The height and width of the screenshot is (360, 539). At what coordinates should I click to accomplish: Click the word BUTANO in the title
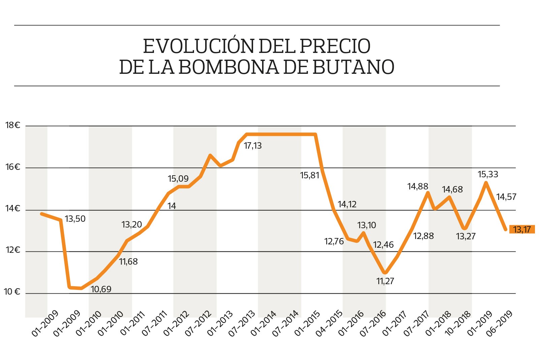(353, 67)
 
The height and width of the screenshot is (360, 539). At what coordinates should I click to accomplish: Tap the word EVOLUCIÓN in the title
(198, 46)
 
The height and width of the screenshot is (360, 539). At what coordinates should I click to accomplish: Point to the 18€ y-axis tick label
(13, 125)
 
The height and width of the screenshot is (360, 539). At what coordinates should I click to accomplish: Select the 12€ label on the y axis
(13, 250)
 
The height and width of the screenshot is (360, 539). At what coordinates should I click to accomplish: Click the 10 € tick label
(12, 292)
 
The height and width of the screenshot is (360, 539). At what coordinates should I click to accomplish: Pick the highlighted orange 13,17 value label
(522, 230)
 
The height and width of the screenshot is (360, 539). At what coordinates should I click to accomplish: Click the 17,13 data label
(253, 146)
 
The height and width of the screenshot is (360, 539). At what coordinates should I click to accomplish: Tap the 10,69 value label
(101, 289)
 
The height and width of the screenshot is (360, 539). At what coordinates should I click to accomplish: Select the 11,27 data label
(385, 281)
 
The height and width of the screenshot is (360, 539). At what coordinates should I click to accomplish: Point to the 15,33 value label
(488, 174)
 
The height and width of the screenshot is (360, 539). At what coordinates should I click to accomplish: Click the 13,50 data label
(75, 219)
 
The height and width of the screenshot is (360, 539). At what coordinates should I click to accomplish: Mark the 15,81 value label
(310, 175)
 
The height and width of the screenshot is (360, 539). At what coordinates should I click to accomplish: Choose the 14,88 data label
(418, 186)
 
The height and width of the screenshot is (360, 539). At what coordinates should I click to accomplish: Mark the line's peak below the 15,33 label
(486, 183)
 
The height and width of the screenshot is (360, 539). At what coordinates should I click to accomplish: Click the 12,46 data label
(383, 245)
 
